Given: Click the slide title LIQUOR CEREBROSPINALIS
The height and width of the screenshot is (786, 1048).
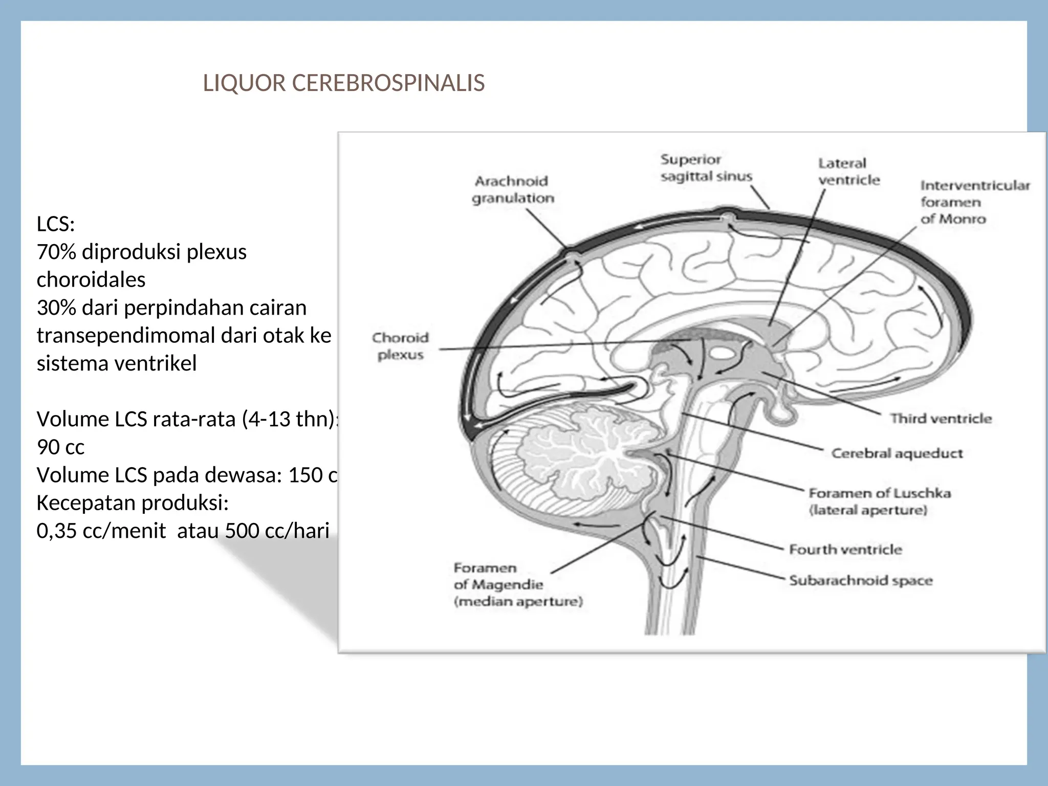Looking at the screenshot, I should tap(343, 83).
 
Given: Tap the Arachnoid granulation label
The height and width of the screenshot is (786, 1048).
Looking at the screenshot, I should tap(512, 189).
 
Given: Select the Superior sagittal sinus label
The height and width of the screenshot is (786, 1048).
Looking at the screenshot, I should tap(706, 168).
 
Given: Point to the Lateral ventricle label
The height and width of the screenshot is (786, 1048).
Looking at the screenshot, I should tap(848, 171).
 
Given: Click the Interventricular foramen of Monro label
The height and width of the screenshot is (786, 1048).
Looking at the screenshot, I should tap(974, 202).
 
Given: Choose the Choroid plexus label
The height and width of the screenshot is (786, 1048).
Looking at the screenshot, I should tap(400, 346).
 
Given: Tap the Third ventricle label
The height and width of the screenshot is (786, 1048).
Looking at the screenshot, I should tap(941, 419).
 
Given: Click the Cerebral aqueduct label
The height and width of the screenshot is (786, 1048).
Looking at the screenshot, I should tap(897, 453).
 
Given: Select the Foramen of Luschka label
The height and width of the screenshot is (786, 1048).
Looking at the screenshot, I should tap(879, 501).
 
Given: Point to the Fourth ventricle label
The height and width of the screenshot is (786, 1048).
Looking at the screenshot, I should tap(845, 550).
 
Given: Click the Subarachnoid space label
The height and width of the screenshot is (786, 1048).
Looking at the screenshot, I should tap(860, 580).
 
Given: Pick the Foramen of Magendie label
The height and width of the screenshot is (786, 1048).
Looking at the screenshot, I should tap(517, 584).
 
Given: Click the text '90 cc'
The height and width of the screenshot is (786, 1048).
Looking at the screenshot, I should tap(60, 447).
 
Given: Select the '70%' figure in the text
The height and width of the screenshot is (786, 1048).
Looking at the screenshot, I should tap(56, 252).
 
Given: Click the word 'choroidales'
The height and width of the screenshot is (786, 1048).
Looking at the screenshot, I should tap(91, 280).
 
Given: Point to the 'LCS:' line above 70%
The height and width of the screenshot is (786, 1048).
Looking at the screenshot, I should tap(55, 224).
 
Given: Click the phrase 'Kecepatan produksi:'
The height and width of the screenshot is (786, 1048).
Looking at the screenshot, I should tap(132, 503).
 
